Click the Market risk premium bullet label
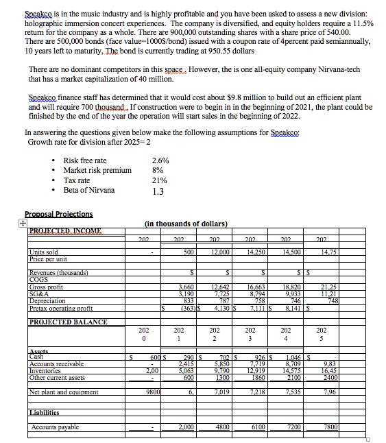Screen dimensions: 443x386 point(97,169)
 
